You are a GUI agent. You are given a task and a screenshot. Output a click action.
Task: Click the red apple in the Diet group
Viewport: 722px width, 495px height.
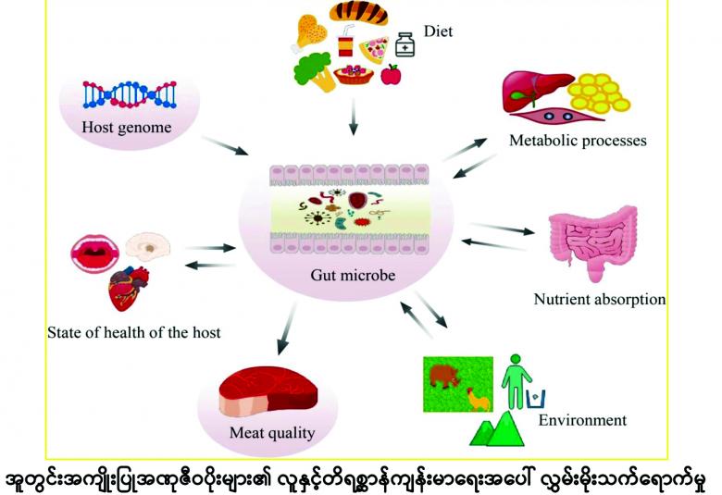(x=391, y=75)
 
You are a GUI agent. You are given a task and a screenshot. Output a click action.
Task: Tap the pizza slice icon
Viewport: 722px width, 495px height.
(x=374, y=49)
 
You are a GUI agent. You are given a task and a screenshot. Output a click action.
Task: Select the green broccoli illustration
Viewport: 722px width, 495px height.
(x=315, y=71)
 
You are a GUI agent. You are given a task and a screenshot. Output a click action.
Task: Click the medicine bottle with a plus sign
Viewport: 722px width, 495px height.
(x=405, y=44)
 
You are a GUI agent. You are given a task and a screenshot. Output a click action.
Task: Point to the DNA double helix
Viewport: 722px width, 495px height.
(x=130, y=94)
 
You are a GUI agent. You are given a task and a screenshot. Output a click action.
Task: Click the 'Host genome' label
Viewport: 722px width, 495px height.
(x=127, y=127)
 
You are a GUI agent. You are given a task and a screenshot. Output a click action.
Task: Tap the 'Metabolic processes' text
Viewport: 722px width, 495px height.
(x=578, y=141)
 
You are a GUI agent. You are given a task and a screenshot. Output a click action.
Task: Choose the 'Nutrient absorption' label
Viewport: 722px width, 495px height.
(x=600, y=299)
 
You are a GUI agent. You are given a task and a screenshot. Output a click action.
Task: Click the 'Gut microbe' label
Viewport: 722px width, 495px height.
(x=353, y=276)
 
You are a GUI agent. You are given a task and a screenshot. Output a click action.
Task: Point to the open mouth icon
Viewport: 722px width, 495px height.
(x=95, y=254)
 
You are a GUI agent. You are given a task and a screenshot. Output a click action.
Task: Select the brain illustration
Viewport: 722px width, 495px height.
(x=148, y=246)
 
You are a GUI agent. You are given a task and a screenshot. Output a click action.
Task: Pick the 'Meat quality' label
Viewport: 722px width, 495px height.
(x=272, y=433)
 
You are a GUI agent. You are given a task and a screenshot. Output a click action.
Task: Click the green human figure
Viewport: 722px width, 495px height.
(x=517, y=381)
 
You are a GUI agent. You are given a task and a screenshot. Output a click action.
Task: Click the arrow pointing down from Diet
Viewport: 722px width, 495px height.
(x=354, y=117)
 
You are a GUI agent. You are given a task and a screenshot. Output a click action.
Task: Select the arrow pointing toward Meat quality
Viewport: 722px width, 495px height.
(x=287, y=328)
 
